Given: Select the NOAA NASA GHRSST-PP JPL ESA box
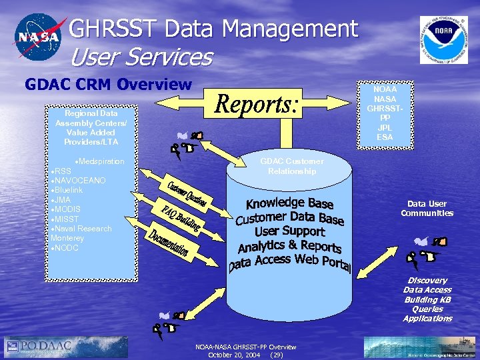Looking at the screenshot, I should pos(385,113).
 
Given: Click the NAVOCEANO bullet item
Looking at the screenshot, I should pos(81,181).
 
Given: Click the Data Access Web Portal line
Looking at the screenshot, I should pos(290,261).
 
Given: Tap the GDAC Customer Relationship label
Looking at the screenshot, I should pos(292,166).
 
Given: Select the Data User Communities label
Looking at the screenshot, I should pos(427,209).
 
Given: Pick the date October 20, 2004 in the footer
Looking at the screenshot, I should pos(234,355).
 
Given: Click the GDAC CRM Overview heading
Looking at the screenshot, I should pos(108,85).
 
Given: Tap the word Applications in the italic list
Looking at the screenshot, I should pos(427,319).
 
